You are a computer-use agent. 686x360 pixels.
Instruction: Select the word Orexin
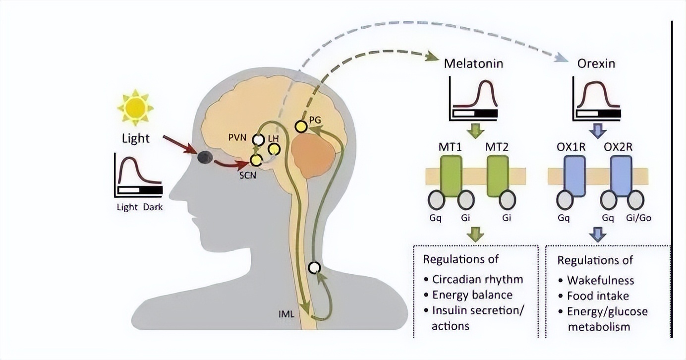tap(596, 64)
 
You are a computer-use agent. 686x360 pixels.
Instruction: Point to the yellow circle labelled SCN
tap(256, 160)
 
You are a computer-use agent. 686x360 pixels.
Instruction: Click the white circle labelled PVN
tap(258, 140)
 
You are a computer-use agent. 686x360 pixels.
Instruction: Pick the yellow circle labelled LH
tap(274, 149)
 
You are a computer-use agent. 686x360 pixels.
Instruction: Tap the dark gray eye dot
tap(205, 157)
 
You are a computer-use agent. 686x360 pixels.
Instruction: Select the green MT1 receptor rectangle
tap(451, 176)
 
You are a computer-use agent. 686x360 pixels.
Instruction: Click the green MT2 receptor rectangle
tap(498, 176)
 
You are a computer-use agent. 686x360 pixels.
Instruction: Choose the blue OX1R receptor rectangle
tap(575, 176)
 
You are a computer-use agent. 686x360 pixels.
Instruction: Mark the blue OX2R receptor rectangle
tap(621, 176)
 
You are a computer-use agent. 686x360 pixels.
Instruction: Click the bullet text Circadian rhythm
tap(477, 279)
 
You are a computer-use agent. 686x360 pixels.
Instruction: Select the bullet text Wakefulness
tap(600, 280)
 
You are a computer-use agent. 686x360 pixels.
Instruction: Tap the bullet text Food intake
tap(598, 296)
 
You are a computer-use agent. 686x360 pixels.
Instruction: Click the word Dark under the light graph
tap(153, 207)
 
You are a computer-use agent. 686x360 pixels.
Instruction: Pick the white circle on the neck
tap(314, 268)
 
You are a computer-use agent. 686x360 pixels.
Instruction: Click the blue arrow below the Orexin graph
tap(597, 130)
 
